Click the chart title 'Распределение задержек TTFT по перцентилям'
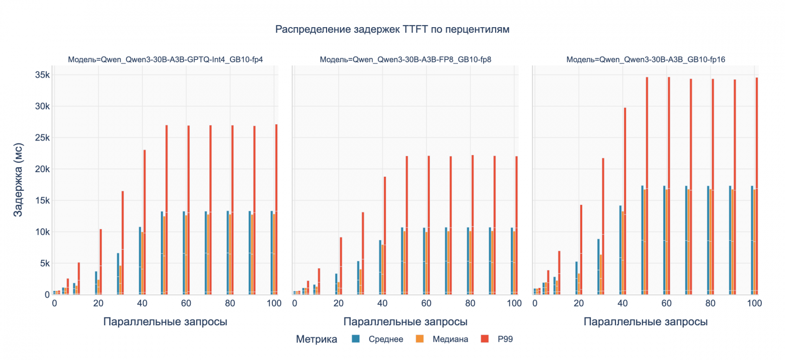click(x=392, y=30)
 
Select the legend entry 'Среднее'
click(x=385, y=339)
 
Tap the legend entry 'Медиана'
click(x=450, y=339)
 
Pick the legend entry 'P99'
click(x=505, y=339)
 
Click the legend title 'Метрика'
click(x=317, y=339)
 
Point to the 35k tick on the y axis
click(x=40, y=75)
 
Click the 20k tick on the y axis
click(x=40, y=169)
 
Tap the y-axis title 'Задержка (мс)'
click(x=18, y=185)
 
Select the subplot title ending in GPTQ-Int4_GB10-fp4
click(x=166, y=59)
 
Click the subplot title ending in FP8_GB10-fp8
click(x=405, y=59)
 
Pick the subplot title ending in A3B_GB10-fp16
click(x=646, y=59)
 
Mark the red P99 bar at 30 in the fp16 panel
click(x=603, y=226)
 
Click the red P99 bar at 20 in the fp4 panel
click(x=101, y=261)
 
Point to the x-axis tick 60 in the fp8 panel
click(x=426, y=304)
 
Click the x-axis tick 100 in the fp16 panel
click(x=754, y=304)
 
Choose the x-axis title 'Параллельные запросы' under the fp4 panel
click(x=165, y=322)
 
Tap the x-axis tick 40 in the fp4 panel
click(x=142, y=304)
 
